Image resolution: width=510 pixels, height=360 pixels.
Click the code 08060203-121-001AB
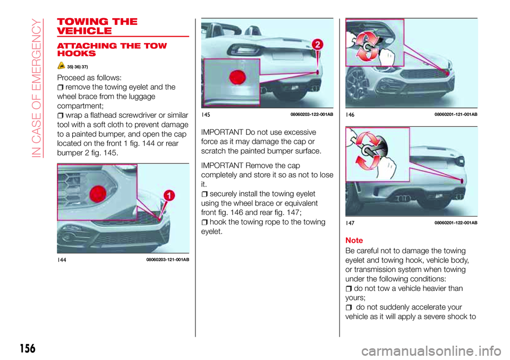[168, 259]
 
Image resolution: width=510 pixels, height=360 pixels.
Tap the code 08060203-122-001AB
[312, 114]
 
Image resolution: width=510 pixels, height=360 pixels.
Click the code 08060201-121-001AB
[455, 114]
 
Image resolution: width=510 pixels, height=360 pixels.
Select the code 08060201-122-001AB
[455, 222]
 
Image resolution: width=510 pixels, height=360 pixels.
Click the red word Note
[354, 240]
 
